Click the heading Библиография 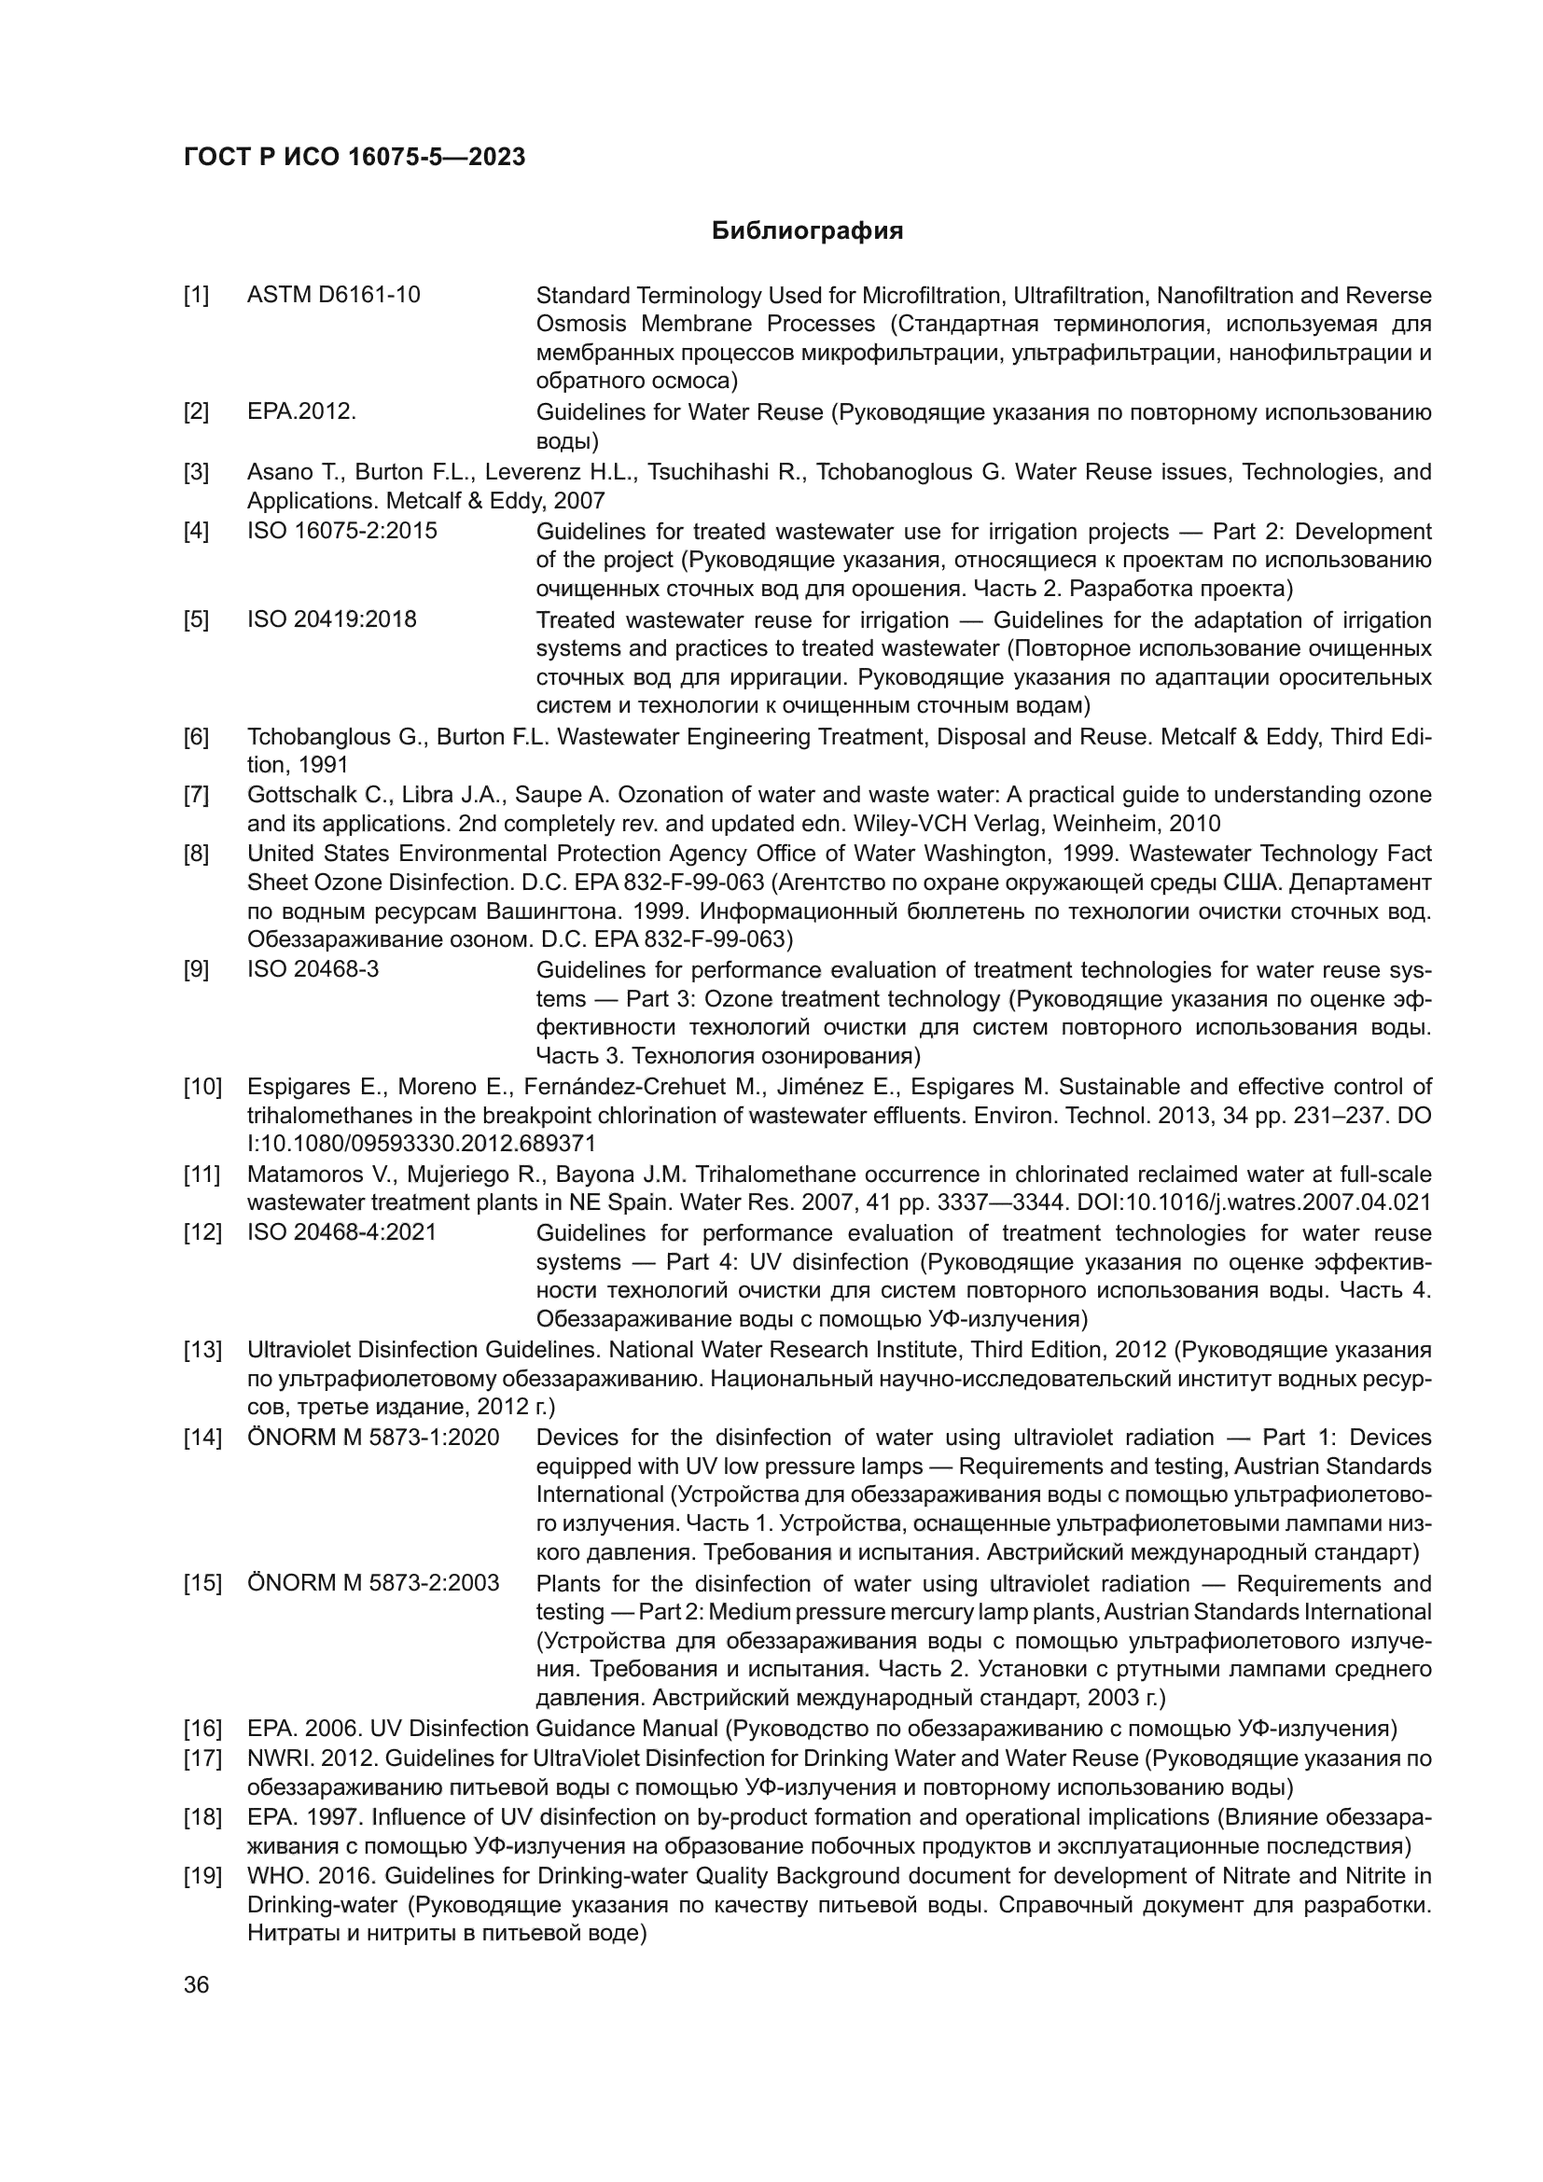point(807,231)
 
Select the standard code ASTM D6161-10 point(333,295)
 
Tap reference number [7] point(197,795)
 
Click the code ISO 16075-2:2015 point(342,530)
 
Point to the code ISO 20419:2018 point(331,619)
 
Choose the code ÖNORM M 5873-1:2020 point(372,1437)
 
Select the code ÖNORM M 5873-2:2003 point(372,1583)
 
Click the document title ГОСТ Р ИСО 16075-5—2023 point(354,158)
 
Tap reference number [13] point(202,1350)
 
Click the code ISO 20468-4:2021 point(342,1232)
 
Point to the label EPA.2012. point(301,411)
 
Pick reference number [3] point(197,471)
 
